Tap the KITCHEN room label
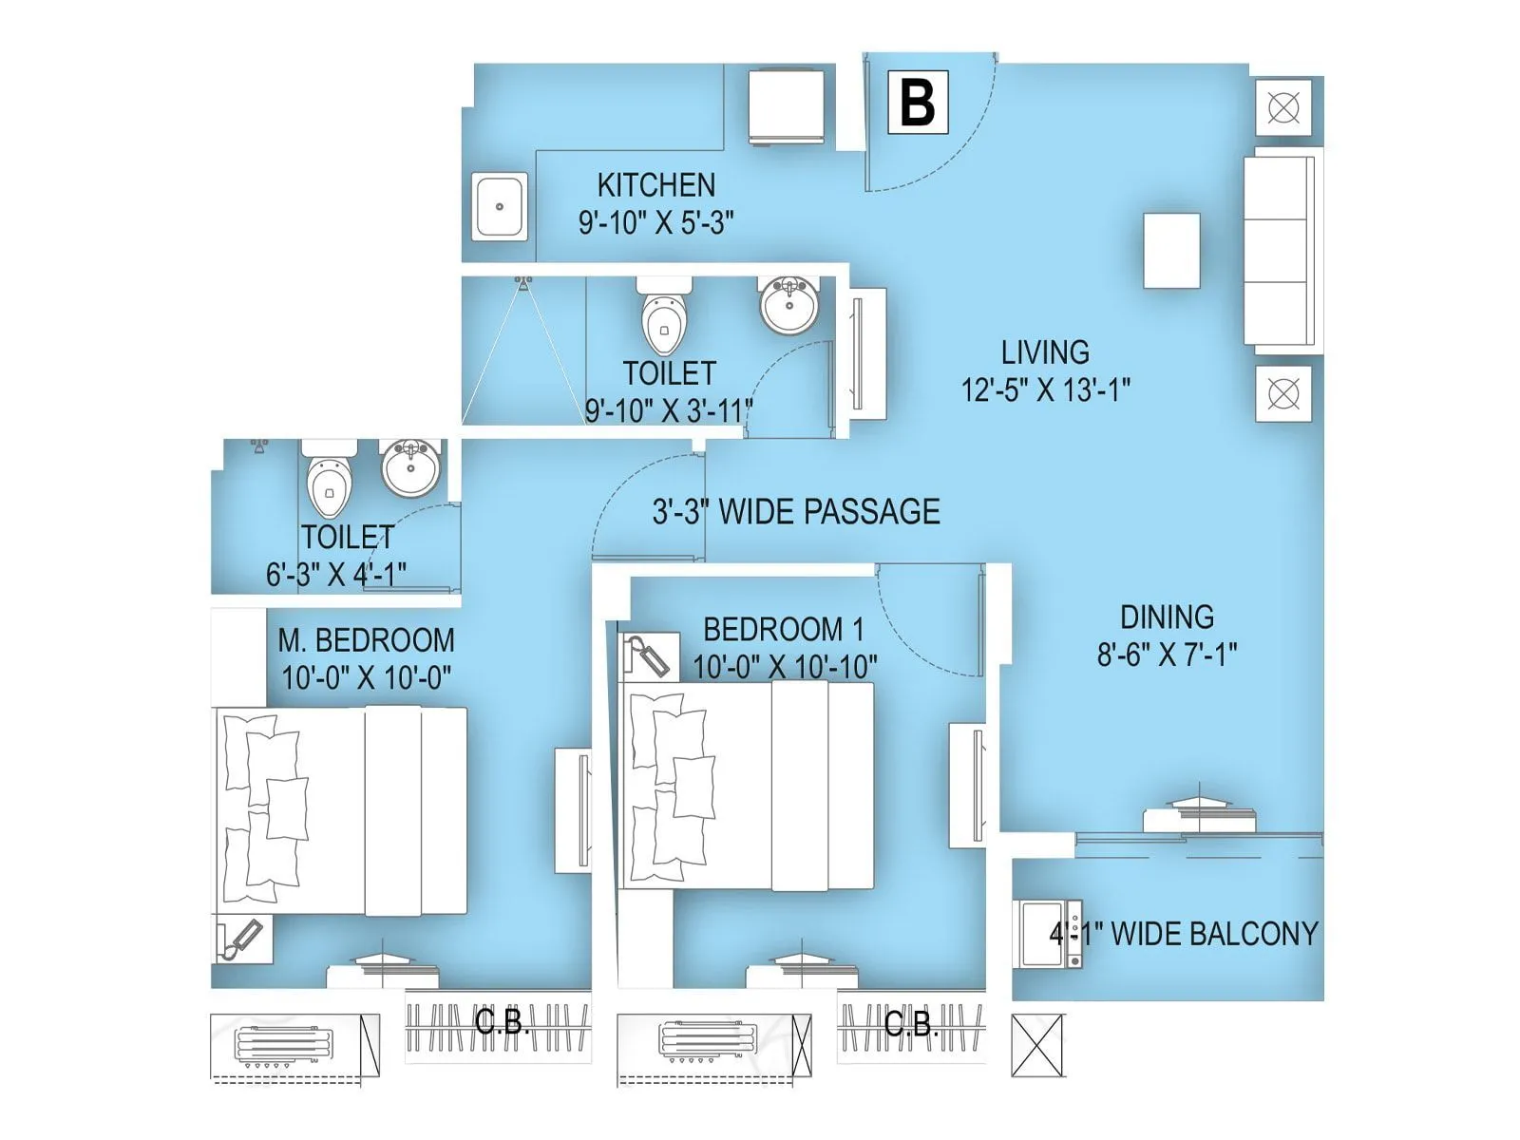655,184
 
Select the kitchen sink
500,206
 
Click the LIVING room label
1045,352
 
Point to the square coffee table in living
1171,251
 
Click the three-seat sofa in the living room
1281,251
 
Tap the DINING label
1167,617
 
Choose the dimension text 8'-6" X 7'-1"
1167,655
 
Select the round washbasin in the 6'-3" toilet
410,467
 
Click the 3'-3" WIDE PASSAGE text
796,512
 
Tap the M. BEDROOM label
366,640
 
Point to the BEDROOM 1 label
783,629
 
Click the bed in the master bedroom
340,811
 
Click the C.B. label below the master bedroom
501,1023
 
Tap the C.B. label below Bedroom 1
910,1023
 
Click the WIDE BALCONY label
1184,934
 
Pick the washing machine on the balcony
1048,934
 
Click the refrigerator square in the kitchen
786,105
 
